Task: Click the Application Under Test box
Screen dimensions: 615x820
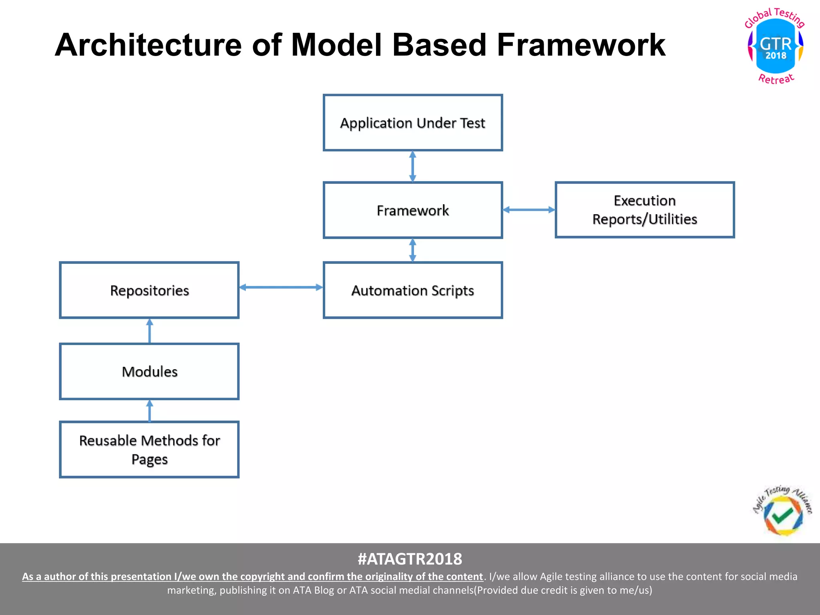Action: (413, 123)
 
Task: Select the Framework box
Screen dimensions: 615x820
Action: (413, 210)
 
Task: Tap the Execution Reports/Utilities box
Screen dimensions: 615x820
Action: (645, 210)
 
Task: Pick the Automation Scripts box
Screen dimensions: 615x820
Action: (413, 290)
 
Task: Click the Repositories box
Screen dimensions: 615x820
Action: (149, 290)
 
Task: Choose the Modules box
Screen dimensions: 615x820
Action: (149, 372)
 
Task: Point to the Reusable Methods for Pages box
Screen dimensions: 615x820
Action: (149, 449)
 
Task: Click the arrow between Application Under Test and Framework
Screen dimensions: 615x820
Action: (413, 167)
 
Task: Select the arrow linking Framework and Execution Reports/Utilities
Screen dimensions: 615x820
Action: (529, 209)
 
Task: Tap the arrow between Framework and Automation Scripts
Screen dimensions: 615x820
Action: (413, 250)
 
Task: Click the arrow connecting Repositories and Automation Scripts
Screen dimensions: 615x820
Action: (281, 287)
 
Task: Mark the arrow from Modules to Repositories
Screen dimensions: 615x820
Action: (150, 331)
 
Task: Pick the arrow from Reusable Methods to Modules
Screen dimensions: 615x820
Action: (150, 411)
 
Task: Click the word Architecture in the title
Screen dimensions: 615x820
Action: (148, 45)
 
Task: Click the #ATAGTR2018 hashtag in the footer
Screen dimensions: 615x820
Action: (410, 559)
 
